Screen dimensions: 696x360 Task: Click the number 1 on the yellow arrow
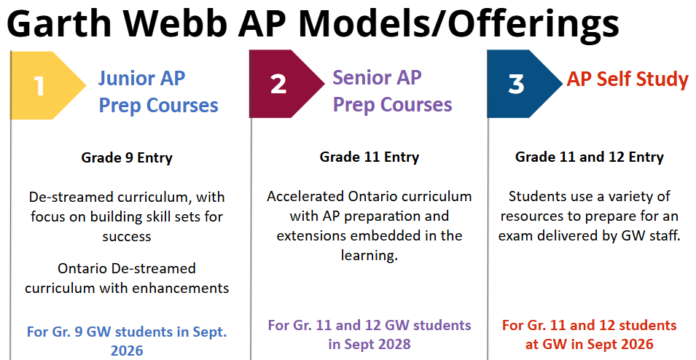[39, 86]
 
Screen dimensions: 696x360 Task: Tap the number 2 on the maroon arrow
[278, 84]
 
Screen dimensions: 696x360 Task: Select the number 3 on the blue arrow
[516, 84]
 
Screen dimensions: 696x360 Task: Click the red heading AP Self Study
[627, 79]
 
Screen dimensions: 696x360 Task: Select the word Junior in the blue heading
[122, 79]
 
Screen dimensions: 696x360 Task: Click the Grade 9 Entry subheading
[127, 157]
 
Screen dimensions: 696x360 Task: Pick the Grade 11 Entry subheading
[369, 157]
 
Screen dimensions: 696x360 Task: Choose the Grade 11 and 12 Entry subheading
[590, 157]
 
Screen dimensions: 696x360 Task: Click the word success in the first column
[127, 237]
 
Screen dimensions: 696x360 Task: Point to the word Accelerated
[305, 196]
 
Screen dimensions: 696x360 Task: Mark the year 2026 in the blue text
[127, 351]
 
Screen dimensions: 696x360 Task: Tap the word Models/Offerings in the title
[459, 26]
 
